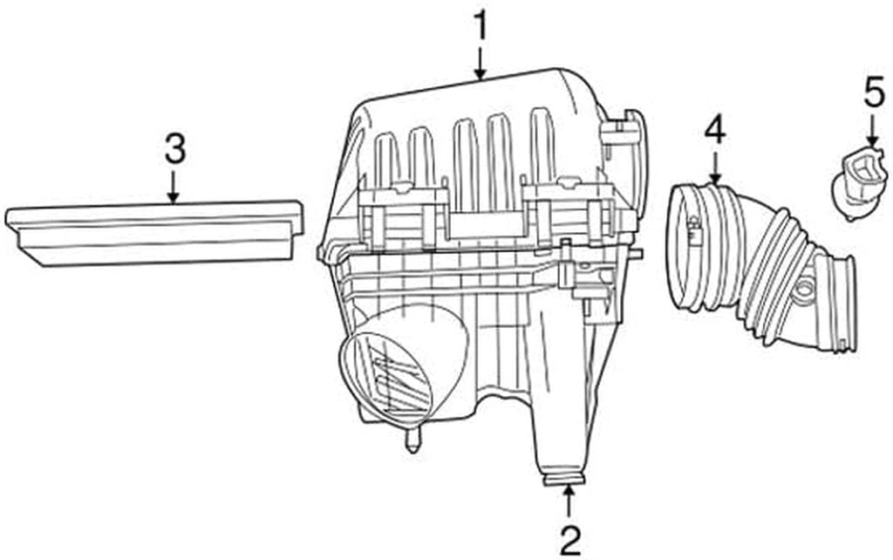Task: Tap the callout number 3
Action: click(x=174, y=148)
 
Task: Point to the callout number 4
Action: click(x=715, y=131)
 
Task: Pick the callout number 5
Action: click(x=873, y=93)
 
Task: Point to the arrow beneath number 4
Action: click(x=715, y=167)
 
